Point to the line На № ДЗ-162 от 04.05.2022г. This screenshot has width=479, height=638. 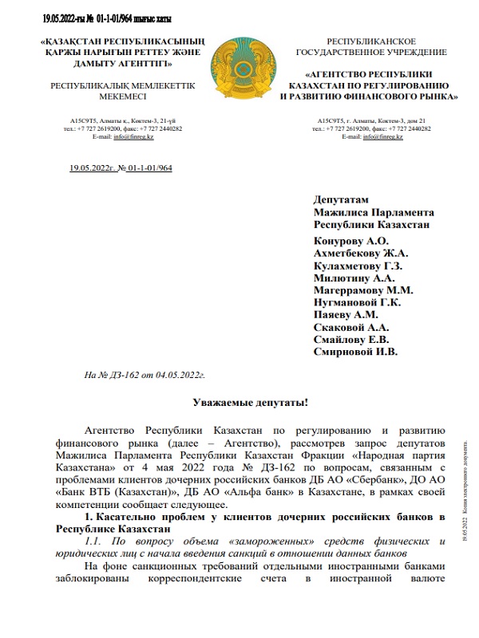click(x=145, y=373)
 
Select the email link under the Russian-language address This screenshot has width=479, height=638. click(x=382, y=137)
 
